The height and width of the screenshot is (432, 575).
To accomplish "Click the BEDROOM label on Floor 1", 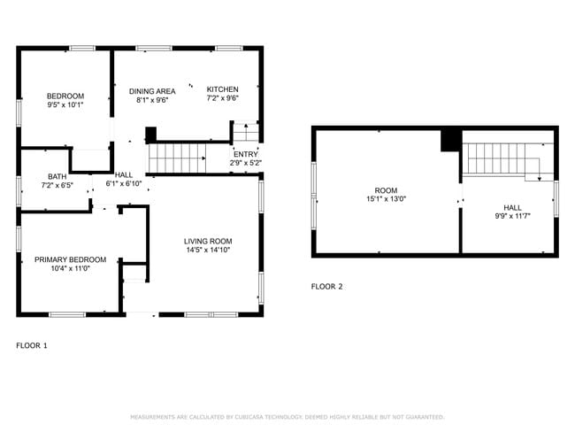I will (65, 96).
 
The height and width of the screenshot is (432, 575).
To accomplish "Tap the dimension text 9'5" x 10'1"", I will (65, 105).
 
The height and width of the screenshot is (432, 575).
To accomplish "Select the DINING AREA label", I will (152, 90).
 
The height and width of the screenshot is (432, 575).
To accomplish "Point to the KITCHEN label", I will (222, 89).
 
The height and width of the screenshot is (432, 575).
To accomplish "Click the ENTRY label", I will (245, 153).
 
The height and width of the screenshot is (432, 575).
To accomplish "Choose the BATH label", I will (57, 176).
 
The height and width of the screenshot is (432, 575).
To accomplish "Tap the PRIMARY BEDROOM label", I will (70, 259).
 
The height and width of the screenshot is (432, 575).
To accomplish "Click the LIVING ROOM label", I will (208, 241).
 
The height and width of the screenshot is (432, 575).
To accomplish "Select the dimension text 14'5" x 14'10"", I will (208, 251).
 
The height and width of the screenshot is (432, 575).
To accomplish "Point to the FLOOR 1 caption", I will (32, 345).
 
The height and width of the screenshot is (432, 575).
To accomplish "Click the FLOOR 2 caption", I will (326, 286).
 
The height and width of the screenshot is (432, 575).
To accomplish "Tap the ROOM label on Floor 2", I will (387, 190).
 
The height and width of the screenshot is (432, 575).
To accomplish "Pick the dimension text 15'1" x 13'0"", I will (387, 200).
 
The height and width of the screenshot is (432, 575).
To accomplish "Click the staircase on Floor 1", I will (177, 158).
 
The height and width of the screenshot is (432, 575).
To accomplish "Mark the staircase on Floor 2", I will (500, 158).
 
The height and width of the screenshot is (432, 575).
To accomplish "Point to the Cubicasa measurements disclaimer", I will (287, 416).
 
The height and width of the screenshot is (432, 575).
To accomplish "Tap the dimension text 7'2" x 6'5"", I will (57, 186).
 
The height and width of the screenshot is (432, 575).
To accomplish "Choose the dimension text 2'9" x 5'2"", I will (245, 163).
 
